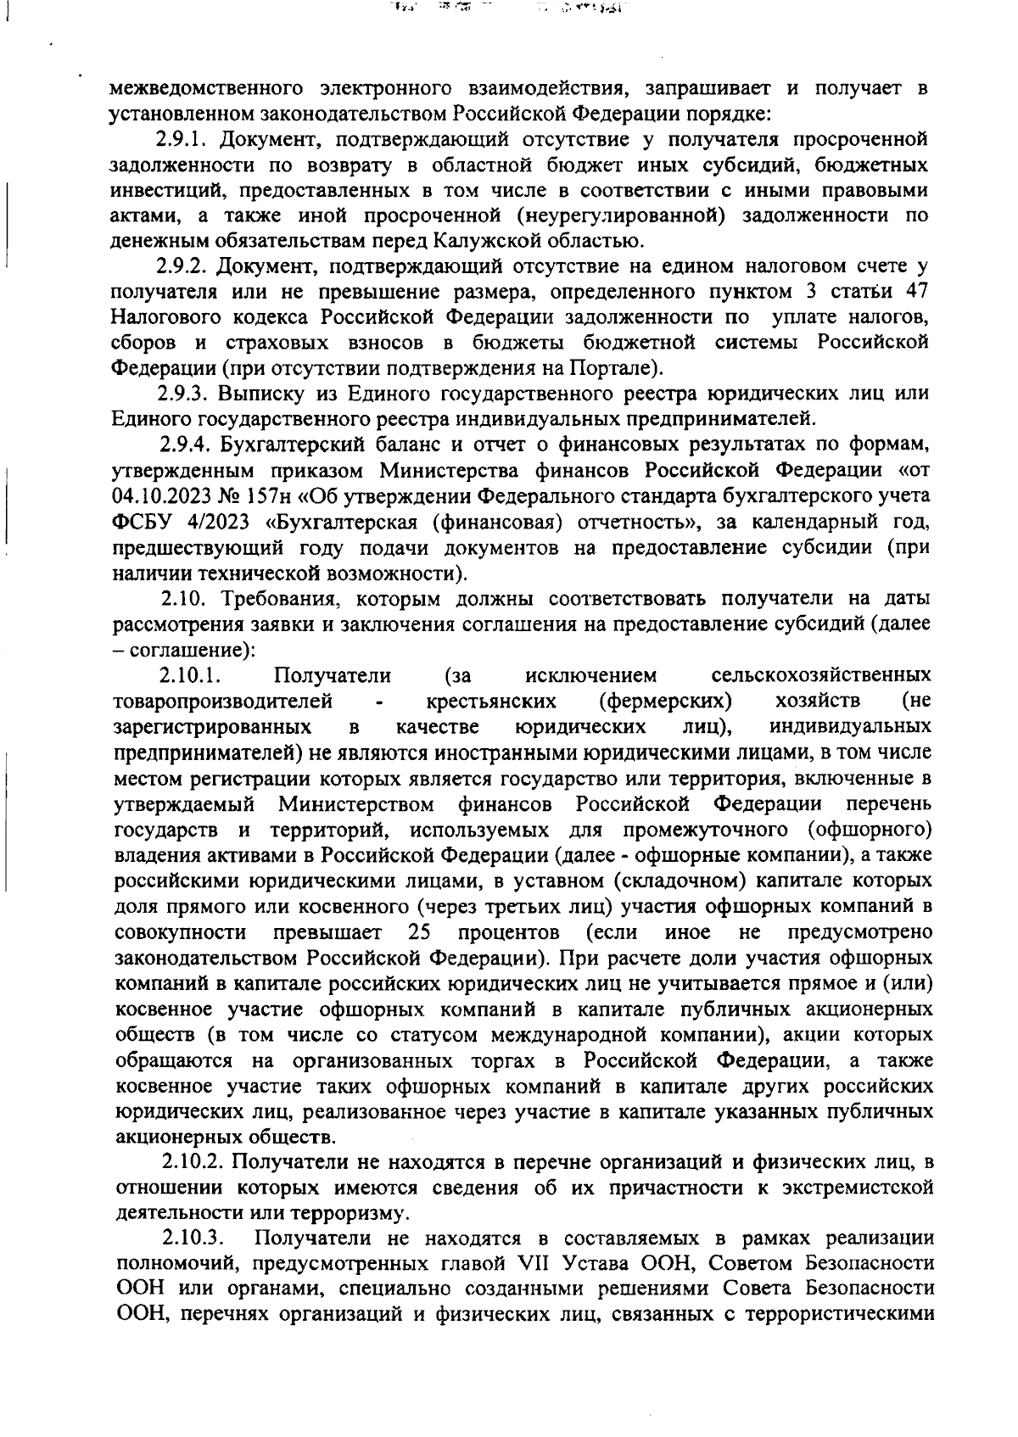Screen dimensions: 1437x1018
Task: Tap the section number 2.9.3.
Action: pyautogui.click(x=182, y=394)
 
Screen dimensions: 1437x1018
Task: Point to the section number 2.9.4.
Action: pyautogui.click(x=182, y=445)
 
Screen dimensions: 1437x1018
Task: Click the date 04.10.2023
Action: pyautogui.click(x=167, y=496)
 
